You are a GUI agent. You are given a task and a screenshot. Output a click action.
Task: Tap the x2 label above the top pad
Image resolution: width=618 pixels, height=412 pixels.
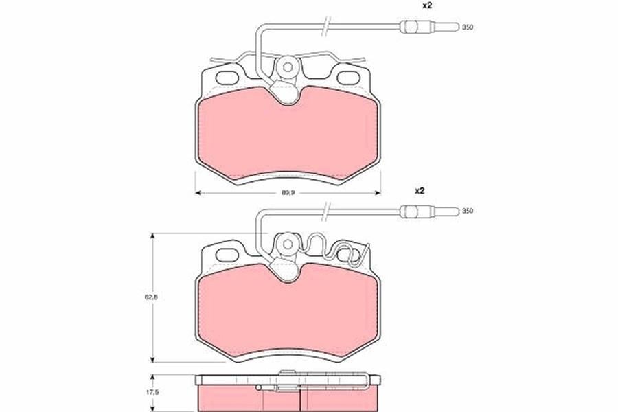(428, 6)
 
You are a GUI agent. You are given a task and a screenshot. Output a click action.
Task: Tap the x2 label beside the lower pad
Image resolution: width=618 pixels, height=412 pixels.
(419, 191)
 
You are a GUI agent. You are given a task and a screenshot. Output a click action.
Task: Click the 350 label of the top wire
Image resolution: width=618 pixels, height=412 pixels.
(468, 27)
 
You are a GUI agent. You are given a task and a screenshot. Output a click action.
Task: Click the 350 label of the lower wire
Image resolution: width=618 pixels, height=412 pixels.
(468, 211)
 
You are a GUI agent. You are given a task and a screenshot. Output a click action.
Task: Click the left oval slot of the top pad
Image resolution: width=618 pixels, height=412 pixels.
(228, 78)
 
